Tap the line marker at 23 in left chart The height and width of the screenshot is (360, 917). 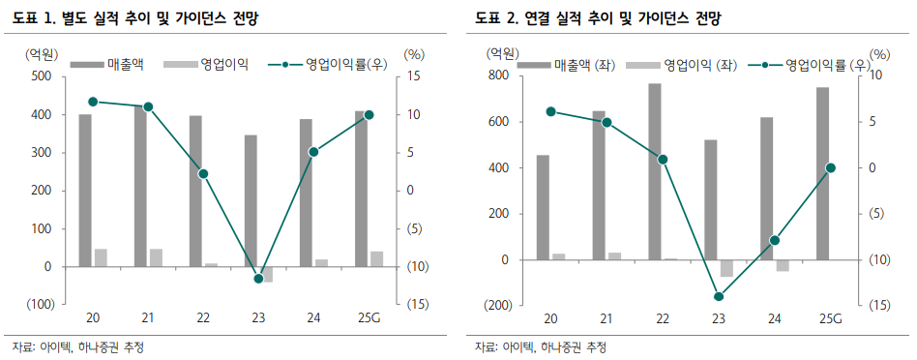[259, 279]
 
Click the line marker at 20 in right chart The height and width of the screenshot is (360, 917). [550, 111]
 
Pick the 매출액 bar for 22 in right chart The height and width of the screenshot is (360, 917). [655, 171]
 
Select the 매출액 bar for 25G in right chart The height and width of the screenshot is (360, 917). [822, 173]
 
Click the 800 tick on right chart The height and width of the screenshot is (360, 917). [498, 75]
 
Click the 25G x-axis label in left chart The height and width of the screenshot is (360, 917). [369, 319]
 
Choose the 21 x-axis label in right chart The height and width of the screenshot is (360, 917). [606, 319]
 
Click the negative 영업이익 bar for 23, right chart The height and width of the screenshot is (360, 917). [726, 268]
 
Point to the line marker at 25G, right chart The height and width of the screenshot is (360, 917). [830, 168]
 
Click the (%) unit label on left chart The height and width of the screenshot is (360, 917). [414, 54]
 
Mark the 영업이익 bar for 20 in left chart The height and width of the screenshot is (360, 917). [101, 257]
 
